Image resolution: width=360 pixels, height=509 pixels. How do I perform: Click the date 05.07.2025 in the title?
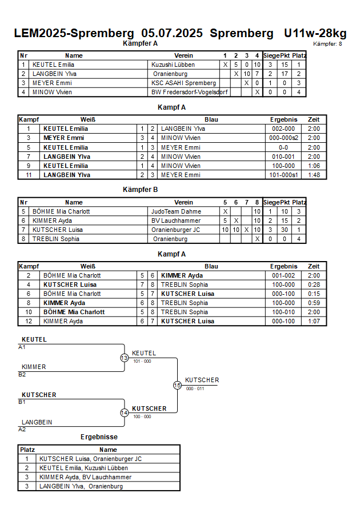click(x=172, y=33)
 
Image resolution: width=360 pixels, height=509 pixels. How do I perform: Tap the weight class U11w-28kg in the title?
click(x=315, y=33)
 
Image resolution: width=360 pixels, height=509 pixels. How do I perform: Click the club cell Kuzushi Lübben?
click(x=173, y=65)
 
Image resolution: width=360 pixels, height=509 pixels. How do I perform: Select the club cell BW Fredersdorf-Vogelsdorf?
click(x=190, y=92)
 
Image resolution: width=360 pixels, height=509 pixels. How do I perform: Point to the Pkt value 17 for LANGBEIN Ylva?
click(x=285, y=74)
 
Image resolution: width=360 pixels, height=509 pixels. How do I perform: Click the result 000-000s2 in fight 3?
click(x=283, y=138)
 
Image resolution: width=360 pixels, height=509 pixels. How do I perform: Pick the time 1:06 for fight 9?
click(x=314, y=166)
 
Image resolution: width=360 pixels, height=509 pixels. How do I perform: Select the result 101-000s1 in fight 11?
click(x=283, y=175)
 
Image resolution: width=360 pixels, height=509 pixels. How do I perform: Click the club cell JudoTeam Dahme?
click(x=176, y=211)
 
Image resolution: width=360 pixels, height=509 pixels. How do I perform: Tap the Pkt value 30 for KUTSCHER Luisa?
click(x=285, y=230)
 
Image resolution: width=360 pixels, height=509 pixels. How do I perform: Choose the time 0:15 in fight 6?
click(x=314, y=294)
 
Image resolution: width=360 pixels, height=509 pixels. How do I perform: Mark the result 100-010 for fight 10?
click(x=283, y=312)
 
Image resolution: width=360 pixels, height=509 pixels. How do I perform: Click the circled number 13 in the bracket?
click(x=125, y=358)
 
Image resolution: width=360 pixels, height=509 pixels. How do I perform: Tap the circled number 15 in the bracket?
click(x=177, y=386)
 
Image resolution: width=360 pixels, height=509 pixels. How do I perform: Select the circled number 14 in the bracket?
click(x=125, y=413)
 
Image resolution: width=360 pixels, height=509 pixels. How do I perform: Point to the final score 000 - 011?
click(x=195, y=388)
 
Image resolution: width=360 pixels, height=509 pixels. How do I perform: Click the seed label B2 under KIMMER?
click(x=22, y=375)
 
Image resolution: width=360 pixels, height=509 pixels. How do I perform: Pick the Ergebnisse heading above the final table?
click(x=99, y=437)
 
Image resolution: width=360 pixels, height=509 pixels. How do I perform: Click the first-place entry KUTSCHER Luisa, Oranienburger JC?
click(x=90, y=459)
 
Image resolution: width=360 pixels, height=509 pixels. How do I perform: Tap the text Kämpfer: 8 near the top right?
click(x=327, y=44)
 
